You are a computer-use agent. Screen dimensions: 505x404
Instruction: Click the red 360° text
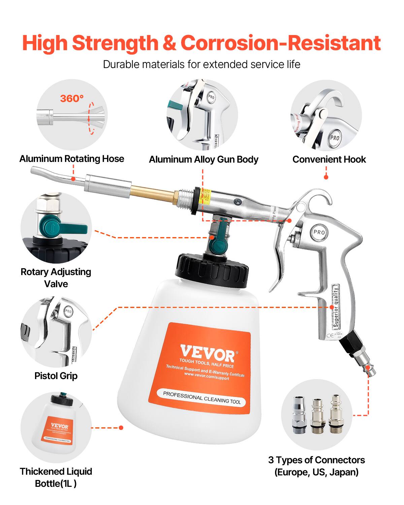72,98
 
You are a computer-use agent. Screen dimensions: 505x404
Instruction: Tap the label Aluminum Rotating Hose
72,159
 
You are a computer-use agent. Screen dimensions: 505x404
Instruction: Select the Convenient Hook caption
329,160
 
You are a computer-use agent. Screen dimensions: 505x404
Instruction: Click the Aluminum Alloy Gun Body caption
203,160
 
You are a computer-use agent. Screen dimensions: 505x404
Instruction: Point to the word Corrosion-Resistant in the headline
280,43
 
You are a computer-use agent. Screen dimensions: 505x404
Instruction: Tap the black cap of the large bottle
212,269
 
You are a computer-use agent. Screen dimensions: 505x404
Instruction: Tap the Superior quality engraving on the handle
336,306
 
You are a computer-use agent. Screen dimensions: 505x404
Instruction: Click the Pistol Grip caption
56,376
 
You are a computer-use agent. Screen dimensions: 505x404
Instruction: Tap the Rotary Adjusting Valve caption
56,278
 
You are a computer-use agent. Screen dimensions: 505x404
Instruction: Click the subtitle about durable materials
202,64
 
